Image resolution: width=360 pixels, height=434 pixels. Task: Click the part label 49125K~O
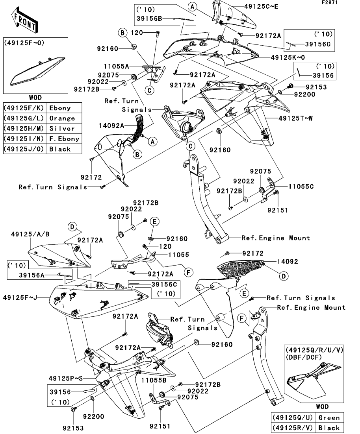288,57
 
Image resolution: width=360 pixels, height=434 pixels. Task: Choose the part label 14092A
113,125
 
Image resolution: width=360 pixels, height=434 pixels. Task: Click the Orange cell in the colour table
62,118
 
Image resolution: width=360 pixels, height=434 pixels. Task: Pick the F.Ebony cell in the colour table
64,139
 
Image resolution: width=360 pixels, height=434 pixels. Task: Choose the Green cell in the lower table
328,417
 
